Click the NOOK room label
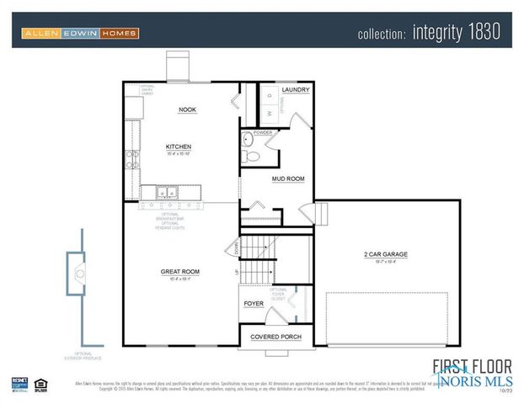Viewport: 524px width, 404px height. (187, 110)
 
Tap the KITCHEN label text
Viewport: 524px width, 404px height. (178, 146)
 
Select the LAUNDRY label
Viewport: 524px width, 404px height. (295, 90)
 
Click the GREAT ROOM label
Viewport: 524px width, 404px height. (180, 271)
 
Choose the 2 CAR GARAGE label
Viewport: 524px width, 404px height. (388, 254)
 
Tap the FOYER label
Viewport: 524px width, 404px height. (254, 303)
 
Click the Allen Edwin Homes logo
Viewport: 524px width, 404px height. (81, 33)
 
